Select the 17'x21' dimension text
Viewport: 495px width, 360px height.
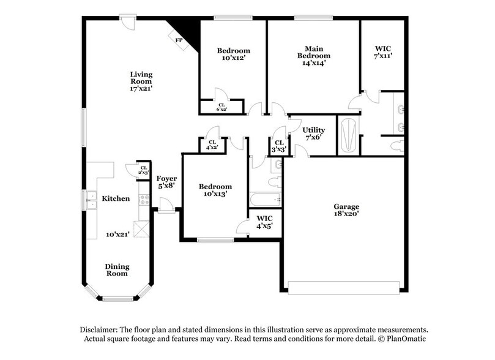(x=141, y=89)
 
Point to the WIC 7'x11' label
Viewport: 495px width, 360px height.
(x=383, y=51)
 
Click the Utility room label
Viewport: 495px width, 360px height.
(x=314, y=130)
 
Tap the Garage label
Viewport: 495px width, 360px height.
(x=346, y=206)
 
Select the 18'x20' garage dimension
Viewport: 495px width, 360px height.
(x=346, y=214)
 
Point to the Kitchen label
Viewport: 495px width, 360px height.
(x=116, y=198)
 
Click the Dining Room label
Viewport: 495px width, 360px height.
(x=116, y=269)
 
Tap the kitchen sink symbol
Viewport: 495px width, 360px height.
(x=91, y=200)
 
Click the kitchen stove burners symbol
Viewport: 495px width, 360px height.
(x=145, y=198)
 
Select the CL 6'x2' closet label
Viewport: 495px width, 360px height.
(x=221, y=107)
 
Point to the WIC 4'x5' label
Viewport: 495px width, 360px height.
(x=264, y=222)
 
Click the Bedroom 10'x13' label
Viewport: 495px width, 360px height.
(x=215, y=190)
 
